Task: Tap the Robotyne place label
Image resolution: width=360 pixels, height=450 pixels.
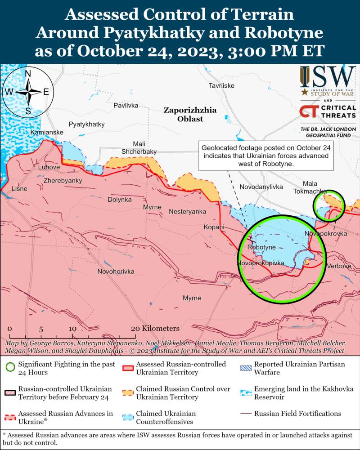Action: tap(261, 248)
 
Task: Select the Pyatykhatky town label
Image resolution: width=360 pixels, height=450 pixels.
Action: tap(86, 124)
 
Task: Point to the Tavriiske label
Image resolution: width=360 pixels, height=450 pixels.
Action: tap(221, 86)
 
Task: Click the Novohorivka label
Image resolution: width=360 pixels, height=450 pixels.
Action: tap(116, 272)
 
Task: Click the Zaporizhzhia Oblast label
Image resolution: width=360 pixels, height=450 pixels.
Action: tap(190, 115)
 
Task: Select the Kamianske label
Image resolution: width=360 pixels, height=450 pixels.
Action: tap(47, 133)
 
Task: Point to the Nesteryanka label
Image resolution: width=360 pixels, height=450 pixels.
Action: tap(187, 211)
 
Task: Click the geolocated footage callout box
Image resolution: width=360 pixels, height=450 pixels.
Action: tap(265, 156)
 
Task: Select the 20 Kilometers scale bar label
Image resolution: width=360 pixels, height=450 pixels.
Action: tap(155, 329)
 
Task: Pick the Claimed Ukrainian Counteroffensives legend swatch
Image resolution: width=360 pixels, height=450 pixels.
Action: tap(128, 417)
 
